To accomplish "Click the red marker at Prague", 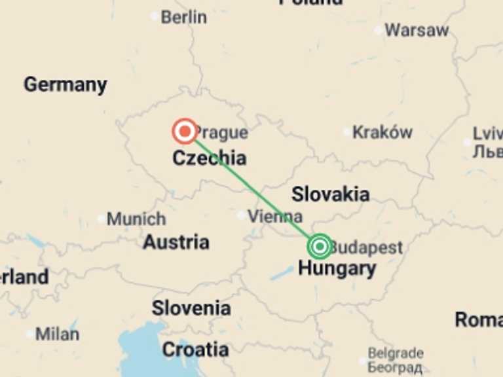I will [185, 132].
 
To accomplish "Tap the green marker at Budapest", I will [320, 246].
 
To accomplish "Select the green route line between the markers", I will [253, 189].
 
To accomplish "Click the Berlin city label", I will [183, 17].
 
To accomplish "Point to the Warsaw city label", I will [417, 30].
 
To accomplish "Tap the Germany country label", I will [65, 84].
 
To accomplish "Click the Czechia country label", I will [210, 158].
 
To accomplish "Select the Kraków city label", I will [382, 132].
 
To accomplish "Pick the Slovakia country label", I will [330, 194].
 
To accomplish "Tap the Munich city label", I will [136, 219].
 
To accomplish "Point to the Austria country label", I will [176, 242].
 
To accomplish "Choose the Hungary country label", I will [337, 268].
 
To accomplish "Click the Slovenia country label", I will [191, 308].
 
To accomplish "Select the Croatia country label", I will [195, 350].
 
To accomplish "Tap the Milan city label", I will [57, 334].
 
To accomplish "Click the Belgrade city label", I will [396, 354].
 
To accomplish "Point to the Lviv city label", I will [487, 134].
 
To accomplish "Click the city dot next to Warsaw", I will [379, 30].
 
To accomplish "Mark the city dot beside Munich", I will [101, 219].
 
